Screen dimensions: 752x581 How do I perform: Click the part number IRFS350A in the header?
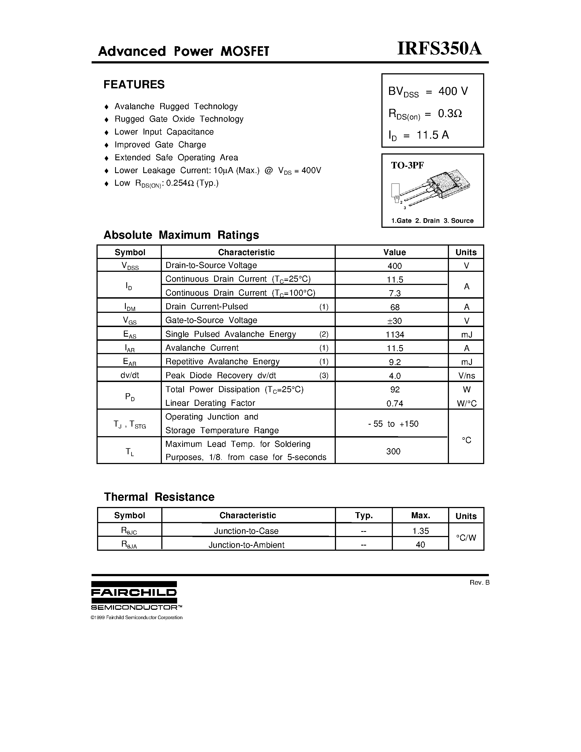coord(439,49)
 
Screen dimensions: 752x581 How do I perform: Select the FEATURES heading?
coord(134,84)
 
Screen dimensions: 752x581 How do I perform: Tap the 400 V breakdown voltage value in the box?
coord(453,91)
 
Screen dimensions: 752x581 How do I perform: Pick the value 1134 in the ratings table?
coord(395,334)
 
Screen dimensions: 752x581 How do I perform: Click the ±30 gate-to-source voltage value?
coord(395,320)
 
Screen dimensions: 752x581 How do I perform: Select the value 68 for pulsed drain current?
coord(395,307)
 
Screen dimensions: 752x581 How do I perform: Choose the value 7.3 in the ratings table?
coord(395,293)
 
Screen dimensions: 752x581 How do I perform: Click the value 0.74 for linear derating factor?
coord(395,403)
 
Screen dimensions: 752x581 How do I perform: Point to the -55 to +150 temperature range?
coord(393,424)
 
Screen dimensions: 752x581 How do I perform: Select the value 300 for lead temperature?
coord(393,451)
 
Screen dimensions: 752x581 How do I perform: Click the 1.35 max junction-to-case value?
coord(421,531)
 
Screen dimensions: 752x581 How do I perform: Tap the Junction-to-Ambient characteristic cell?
coord(246,545)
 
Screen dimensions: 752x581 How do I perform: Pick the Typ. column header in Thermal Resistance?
coord(364,515)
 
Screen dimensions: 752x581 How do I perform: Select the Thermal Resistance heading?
coord(159,497)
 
